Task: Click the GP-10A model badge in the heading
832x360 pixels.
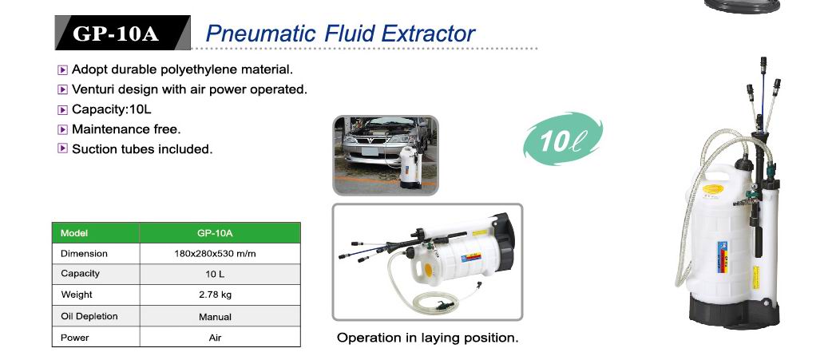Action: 123,33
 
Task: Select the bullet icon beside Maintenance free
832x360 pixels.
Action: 62,129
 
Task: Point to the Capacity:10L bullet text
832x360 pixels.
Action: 112,109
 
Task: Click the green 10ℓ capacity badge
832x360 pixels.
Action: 563,139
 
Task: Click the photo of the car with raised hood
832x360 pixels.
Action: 386,156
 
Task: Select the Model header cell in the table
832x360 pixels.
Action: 96,233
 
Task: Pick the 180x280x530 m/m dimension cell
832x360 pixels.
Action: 215,253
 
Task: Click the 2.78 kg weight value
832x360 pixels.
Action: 215,295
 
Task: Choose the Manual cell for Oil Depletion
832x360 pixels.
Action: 215,317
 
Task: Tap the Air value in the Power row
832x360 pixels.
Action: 215,337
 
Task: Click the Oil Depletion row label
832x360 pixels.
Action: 89,316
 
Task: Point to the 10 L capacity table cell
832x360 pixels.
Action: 215,274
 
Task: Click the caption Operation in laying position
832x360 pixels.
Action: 428,338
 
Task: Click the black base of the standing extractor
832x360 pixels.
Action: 734,312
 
